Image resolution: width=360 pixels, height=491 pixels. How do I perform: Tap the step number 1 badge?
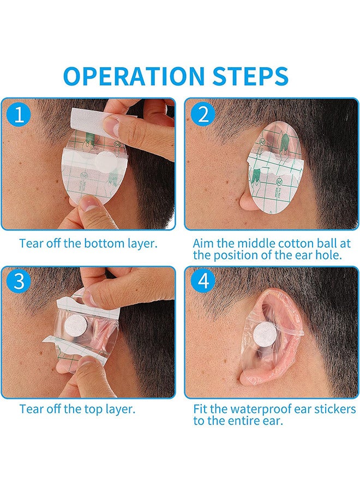(x=19, y=115)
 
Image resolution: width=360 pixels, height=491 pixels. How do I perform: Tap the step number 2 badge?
(x=203, y=115)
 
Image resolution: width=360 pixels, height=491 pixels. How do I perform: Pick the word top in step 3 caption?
(x=82, y=409)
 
